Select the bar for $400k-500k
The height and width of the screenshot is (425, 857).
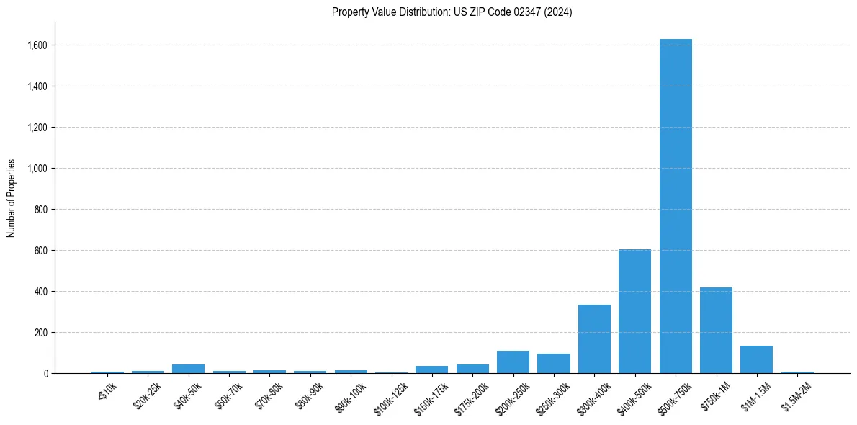pos(634,311)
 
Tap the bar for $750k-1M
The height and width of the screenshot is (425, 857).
pos(716,330)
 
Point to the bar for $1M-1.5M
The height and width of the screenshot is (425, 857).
pos(756,359)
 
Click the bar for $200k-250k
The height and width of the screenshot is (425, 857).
pos(513,362)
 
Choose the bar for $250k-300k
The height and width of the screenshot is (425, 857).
pos(554,364)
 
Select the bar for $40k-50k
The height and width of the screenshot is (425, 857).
pos(188,369)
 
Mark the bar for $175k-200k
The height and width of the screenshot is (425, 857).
pos(472,369)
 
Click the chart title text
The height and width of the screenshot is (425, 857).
pos(452,12)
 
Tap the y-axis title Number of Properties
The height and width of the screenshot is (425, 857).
pos(12,198)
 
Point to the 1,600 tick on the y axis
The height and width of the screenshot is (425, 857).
pos(37,45)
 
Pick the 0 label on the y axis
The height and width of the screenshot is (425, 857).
pos(45,374)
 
